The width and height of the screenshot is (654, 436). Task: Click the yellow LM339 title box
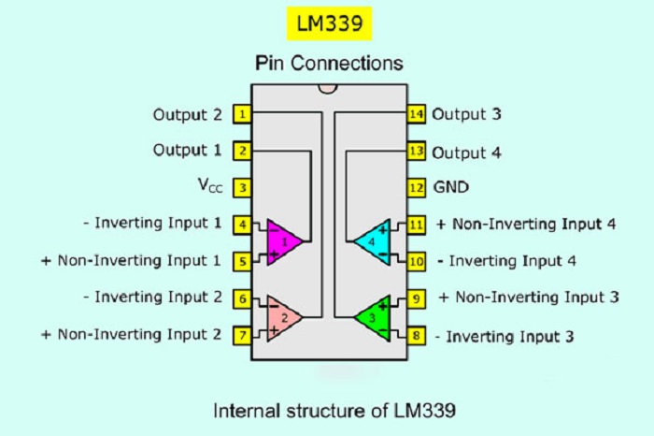[x=327, y=22]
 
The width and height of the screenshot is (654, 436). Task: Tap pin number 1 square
[x=243, y=115]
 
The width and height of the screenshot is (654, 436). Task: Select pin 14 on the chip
[x=417, y=114]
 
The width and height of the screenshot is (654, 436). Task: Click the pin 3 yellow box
[x=243, y=187]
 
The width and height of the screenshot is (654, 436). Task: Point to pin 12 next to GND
[x=417, y=187]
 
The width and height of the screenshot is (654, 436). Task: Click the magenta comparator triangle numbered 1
[x=283, y=242]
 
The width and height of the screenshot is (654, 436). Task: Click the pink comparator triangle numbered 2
[x=283, y=316]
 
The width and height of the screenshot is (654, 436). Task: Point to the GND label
[x=451, y=187]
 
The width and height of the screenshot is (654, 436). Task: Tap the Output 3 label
[x=467, y=114]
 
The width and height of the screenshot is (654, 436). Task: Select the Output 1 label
[x=188, y=150]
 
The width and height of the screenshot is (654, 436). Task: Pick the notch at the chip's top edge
[x=327, y=89]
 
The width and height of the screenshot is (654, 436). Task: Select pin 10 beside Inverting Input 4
[x=417, y=260]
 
